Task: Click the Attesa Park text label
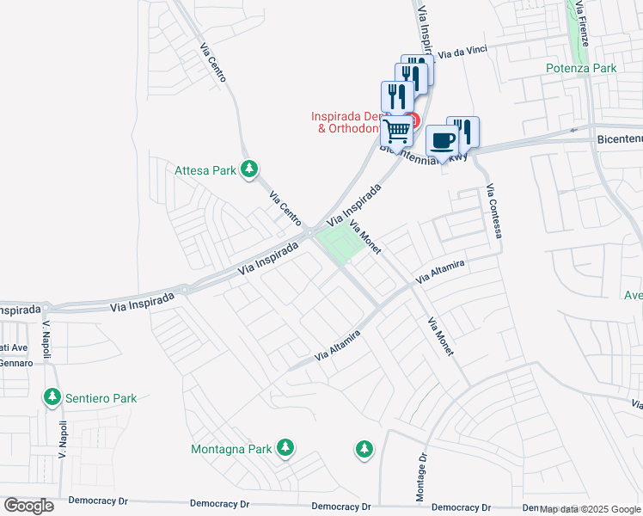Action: point(205,170)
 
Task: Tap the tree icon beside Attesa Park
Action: point(249,169)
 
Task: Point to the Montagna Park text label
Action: point(230,449)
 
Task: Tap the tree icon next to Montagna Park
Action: point(285,447)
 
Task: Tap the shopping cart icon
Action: point(397,131)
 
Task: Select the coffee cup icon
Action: point(442,140)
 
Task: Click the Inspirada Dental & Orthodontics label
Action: point(347,122)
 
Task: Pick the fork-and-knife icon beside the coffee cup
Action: point(464,131)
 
